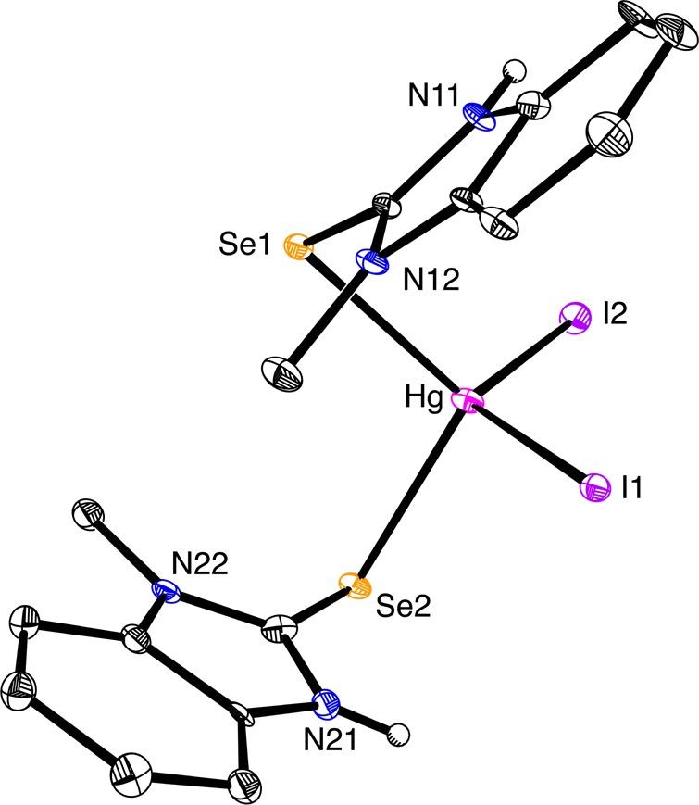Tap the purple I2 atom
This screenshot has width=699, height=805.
576,317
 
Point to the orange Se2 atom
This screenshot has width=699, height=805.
353,584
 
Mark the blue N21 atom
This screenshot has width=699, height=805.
328,705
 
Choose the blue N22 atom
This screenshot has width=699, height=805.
168,590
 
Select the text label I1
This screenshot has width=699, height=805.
633,488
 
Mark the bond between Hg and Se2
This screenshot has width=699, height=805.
409,494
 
